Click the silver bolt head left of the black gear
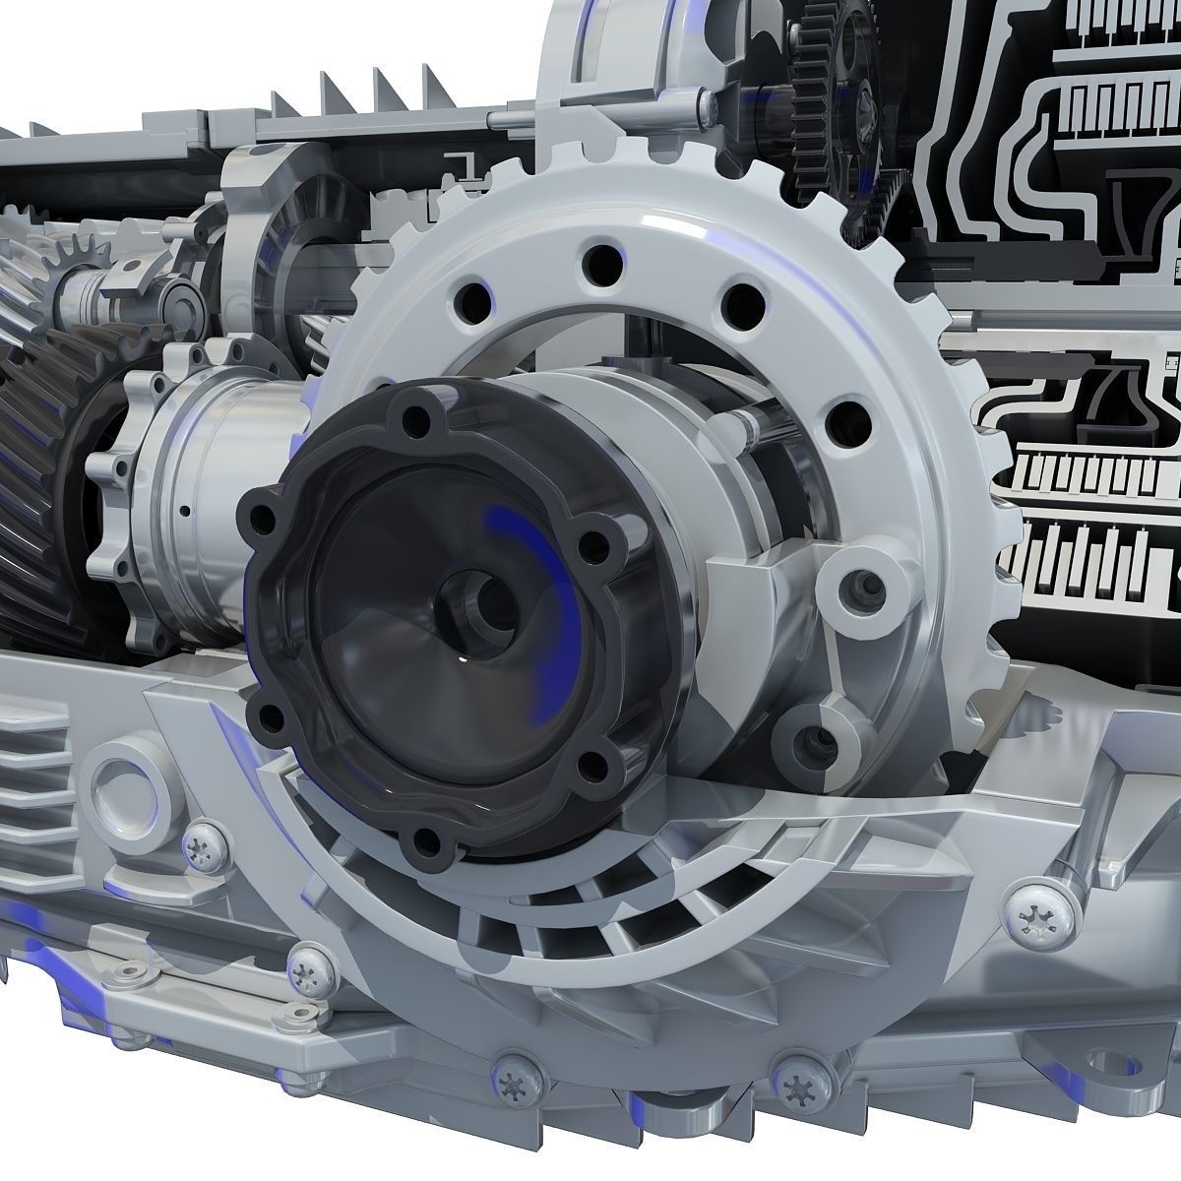707,101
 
